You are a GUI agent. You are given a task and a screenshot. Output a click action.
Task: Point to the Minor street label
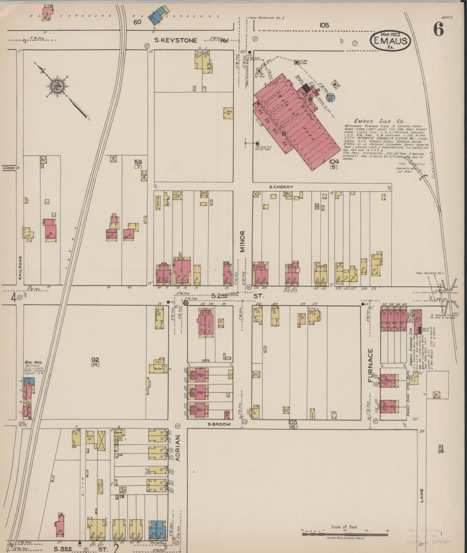(243, 241)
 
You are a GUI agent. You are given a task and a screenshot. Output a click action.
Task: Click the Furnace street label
(370, 366)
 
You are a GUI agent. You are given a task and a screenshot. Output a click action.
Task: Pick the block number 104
(334, 161)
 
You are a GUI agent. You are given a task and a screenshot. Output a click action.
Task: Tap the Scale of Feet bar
(345, 534)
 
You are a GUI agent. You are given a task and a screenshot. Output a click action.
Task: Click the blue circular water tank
(330, 96)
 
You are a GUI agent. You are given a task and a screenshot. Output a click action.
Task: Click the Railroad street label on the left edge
(20, 268)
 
